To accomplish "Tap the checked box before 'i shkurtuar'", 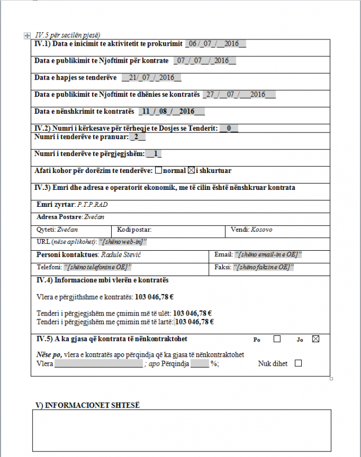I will [x=191, y=170].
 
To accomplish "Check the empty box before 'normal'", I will [x=159, y=170].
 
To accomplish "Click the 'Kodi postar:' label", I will [x=134, y=230].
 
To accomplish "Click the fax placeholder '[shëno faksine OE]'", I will [x=263, y=267].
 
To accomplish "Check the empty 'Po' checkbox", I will [x=277, y=339].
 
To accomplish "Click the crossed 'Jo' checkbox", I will [x=315, y=339].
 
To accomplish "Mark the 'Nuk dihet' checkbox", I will [x=298, y=363].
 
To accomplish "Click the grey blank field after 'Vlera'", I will [x=99, y=364].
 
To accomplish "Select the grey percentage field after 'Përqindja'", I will [x=200, y=364].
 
